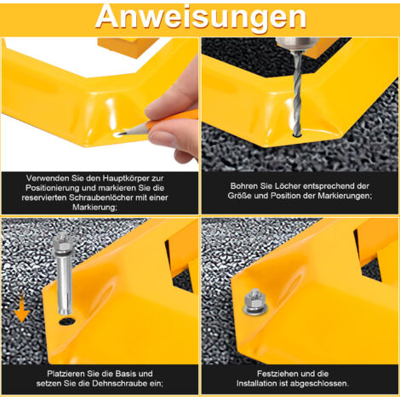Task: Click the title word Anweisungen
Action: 201,18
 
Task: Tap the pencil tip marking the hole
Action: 120,134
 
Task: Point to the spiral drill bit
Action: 297,94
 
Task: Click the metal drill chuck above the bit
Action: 295,45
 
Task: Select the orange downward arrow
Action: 21,308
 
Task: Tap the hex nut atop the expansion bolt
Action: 60,241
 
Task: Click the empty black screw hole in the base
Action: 67,322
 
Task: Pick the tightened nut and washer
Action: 255,302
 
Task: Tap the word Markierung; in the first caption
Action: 94,207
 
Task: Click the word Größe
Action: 240,196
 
